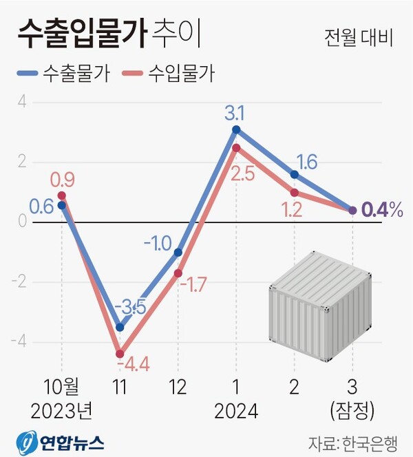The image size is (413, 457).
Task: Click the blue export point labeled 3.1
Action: pos(236,129)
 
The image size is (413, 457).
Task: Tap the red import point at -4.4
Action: pos(120,354)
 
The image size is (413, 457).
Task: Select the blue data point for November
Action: pos(120,328)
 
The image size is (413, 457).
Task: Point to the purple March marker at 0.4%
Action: pos(352,211)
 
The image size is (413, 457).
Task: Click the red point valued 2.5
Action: pos(236,147)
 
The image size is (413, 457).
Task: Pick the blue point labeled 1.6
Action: pos(295,175)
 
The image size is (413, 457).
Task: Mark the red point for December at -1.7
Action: pos(178,273)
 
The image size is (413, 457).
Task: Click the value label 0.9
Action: pos(62,180)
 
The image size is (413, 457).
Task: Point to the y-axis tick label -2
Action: pos(21,282)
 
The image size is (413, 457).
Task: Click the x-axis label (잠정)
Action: pos(352,411)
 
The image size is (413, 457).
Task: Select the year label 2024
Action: pos(236,412)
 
